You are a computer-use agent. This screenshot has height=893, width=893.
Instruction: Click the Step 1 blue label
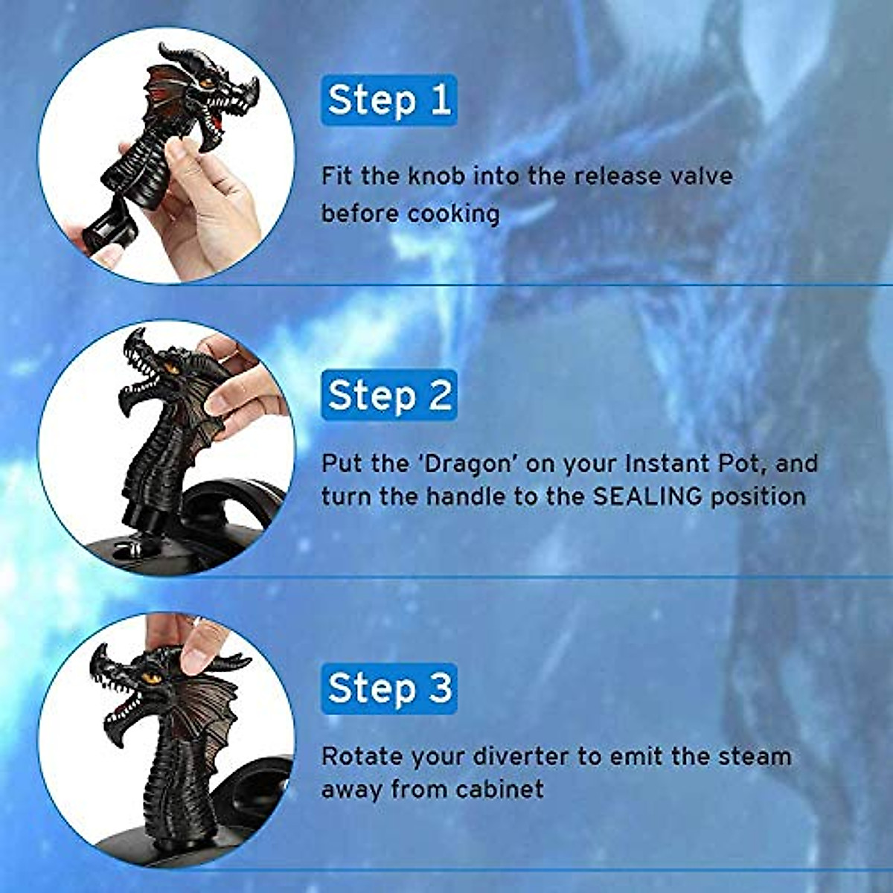389,100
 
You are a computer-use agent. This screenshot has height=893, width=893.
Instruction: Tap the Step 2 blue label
389,394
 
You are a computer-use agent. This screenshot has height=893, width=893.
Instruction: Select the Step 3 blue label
389,688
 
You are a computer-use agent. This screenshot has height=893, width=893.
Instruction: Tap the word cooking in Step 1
453,214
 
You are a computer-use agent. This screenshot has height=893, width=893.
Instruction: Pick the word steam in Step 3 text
754,757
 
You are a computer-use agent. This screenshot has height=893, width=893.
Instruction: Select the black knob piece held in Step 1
108,231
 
